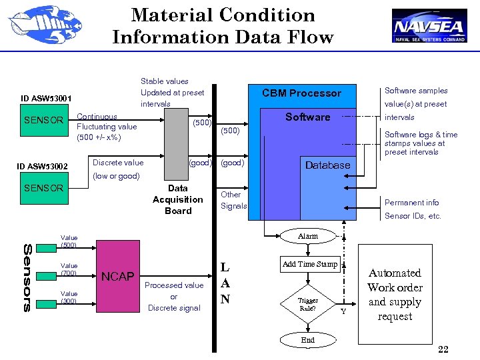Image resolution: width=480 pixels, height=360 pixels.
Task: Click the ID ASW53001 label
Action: coord(46,99)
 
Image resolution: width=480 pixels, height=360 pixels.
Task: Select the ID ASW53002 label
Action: coord(46,166)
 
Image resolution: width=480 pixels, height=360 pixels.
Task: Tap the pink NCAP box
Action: coord(117,276)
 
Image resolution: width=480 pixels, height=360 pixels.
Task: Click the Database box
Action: coord(327,165)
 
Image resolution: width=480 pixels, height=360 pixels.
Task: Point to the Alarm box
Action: coord(308,236)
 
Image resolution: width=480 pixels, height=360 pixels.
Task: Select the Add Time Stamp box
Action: coord(310,264)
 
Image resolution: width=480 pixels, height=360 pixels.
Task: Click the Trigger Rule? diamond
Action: coord(308,304)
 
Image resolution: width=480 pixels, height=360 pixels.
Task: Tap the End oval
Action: coord(308,340)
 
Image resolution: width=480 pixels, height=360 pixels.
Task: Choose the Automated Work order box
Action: coord(395,294)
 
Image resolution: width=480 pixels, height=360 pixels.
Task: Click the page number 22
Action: coord(443,350)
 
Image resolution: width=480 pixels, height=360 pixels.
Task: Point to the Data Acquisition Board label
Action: coord(178,199)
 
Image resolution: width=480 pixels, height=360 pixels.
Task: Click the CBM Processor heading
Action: coord(301,93)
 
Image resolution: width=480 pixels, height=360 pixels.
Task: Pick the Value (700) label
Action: coord(69,269)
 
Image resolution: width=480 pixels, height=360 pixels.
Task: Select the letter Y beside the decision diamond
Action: coord(343,311)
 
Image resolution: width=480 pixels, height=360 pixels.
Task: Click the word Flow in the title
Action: coord(307,37)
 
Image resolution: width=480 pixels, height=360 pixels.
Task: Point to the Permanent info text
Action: coord(411,203)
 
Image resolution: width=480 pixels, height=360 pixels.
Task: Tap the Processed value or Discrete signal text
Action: coord(174,297)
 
